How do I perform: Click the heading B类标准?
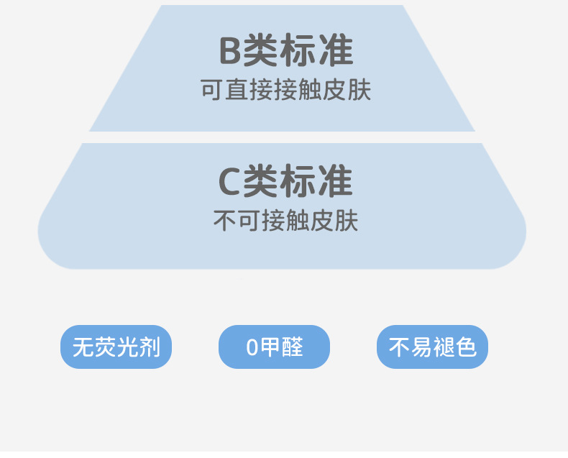point(285,51)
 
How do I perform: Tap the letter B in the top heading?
point(230,52)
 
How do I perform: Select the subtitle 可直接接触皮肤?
point(285,91)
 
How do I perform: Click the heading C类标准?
point(285,181)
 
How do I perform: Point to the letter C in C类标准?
point(229,182)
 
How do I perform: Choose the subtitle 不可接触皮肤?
point(285,221)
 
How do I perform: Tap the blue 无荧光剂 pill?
point(116,347)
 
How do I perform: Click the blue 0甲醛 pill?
point(274,347)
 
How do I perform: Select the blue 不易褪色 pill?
point(432,347)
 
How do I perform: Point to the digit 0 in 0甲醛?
point(252,347)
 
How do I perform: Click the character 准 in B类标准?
point(336,51)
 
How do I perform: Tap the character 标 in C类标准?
point(298,181)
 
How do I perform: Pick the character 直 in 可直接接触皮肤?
point(237,91)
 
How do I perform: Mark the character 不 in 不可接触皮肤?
point(225,221)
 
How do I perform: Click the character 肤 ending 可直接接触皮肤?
point(359,91)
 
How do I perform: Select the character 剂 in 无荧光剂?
point(150,347)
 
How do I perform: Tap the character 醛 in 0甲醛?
point(292,347)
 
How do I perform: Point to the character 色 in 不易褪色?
point(466,347)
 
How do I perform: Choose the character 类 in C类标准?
point(261,181)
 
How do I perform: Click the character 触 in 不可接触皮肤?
point(298,221)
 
